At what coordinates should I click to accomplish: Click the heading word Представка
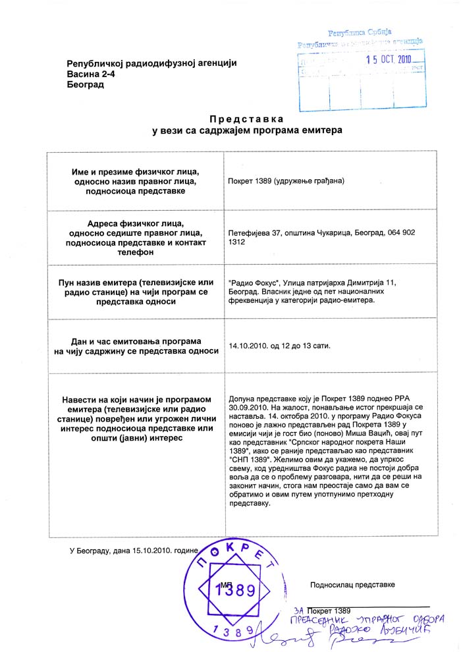[x=246, y=119]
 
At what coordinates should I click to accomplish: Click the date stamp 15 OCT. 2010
[x=389, y=59]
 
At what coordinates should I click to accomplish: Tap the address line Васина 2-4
[x=92, y=74]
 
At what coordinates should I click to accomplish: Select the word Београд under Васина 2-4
[x=85, y=86]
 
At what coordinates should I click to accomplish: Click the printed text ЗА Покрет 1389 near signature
[x=322, y=611]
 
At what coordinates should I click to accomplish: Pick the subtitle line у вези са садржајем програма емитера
[x=247, y=131]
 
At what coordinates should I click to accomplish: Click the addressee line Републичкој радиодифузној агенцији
[x=151, y=63]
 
